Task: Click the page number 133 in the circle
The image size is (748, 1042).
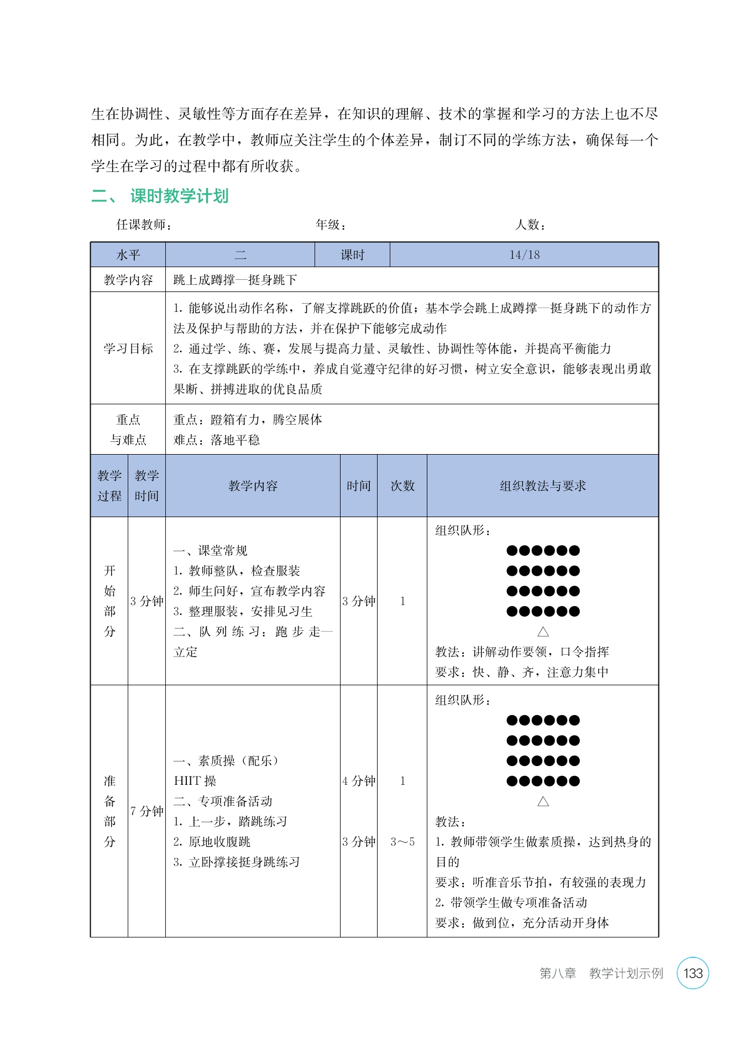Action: (x=693, y=973)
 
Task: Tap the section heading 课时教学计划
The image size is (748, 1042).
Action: (x=179, y=196)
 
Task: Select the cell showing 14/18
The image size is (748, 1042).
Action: (x=524, y=255)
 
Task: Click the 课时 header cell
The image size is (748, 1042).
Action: (x=352, y=255)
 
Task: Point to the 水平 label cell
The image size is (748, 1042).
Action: (x=128, y=255)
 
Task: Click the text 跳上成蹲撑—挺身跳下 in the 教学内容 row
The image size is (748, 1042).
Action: (x=235, y=280)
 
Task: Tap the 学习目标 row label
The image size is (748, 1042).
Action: (x=128, y=348)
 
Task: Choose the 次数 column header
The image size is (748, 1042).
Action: (x=402, y=486)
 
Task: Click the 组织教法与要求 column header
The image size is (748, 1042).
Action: (x=542, y=486)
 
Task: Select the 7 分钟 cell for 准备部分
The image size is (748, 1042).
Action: (x=147, y=811)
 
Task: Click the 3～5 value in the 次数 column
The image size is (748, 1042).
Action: (x=402, y=842)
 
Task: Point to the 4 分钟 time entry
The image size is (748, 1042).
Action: (x=359, y=781)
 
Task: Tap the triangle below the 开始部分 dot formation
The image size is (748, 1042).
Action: (x=543, y=632)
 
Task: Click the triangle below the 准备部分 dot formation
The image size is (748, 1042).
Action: (x=543, y=801)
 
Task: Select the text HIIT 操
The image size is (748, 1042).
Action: (x=195, y=781)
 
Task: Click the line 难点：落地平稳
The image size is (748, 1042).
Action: (x=216, y=440)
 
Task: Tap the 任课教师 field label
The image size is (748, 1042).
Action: (x=144, y=225)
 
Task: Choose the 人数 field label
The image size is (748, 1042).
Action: (x=530, y=225)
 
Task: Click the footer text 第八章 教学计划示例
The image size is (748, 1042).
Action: (x=601, y=973)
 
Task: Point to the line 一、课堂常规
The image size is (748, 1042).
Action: (x=210, y=550)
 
